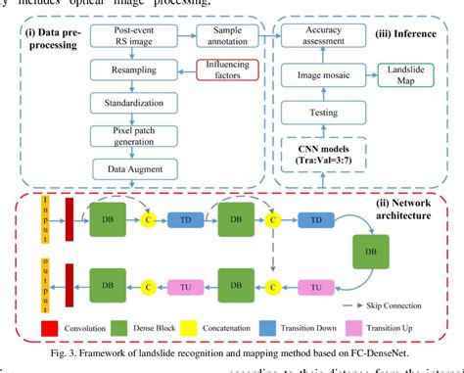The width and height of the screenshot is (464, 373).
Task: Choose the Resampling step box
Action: [126, 70]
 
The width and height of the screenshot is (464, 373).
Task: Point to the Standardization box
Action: [126, 102]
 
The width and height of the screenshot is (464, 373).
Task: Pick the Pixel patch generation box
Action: [126, 134]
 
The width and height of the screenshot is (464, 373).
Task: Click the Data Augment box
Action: [126, 168]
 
